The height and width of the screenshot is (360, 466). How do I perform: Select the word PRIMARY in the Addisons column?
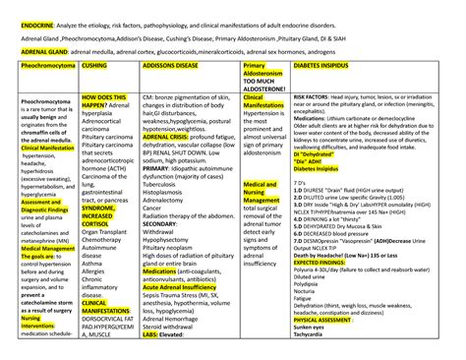pos(159,168)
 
